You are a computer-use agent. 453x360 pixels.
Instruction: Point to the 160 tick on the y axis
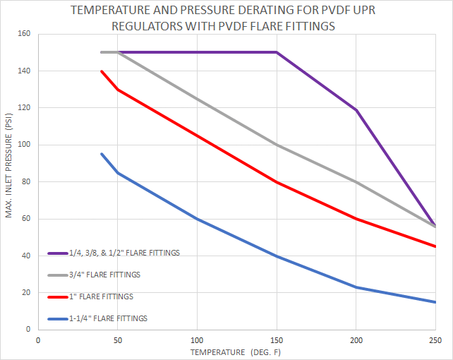24,34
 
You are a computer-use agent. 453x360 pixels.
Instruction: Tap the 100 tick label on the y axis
24,145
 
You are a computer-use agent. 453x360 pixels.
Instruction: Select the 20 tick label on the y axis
26,292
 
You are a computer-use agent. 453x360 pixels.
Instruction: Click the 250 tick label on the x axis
435,340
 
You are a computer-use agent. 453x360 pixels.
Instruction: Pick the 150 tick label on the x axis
276,340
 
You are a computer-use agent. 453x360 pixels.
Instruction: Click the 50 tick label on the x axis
117,340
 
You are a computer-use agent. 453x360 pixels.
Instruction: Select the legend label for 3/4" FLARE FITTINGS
104,275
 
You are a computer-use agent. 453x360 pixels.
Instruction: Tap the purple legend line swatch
57,253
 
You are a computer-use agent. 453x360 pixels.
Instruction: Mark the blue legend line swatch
57,318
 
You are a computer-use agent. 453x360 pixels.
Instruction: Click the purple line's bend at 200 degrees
356,110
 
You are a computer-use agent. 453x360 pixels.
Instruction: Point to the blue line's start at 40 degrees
102,154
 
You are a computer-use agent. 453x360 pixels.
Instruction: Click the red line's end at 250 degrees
435,246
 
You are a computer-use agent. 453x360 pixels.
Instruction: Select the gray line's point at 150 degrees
276,145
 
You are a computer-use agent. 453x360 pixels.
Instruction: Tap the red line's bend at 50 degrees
117,90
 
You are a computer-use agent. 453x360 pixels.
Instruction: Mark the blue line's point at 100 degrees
197,219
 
